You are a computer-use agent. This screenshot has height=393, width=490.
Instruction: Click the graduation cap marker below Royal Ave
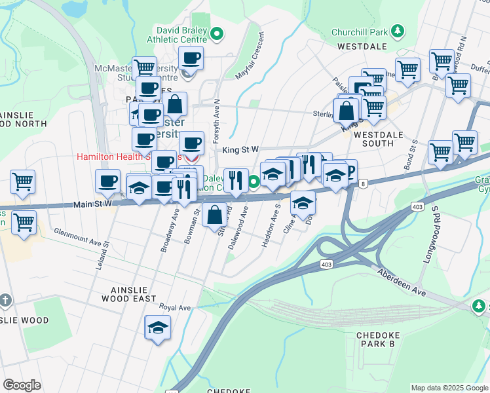158,327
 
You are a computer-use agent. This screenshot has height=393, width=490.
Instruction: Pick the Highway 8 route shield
363,184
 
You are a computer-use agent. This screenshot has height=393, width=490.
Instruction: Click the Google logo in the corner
22,385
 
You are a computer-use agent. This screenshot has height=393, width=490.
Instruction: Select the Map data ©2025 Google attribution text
449,388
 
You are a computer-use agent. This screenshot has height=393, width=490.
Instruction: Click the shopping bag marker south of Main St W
215,214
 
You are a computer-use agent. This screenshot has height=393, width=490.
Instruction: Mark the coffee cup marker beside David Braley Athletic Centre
191,58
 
